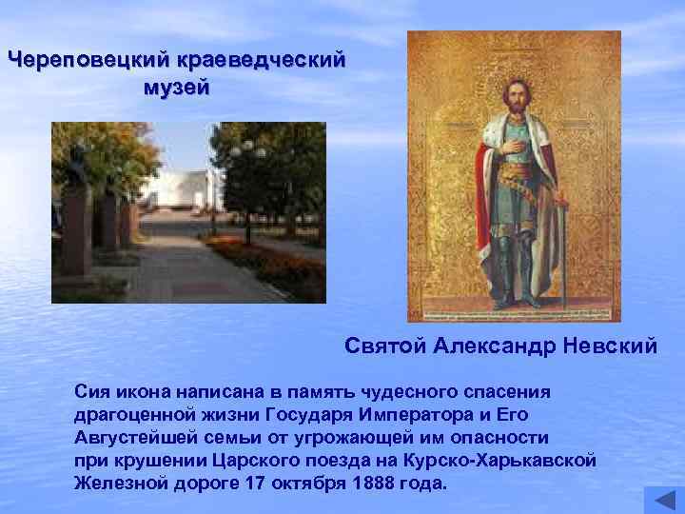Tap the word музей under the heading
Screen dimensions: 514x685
coord(177,88)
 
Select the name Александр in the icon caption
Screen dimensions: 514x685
coord(498,346)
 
